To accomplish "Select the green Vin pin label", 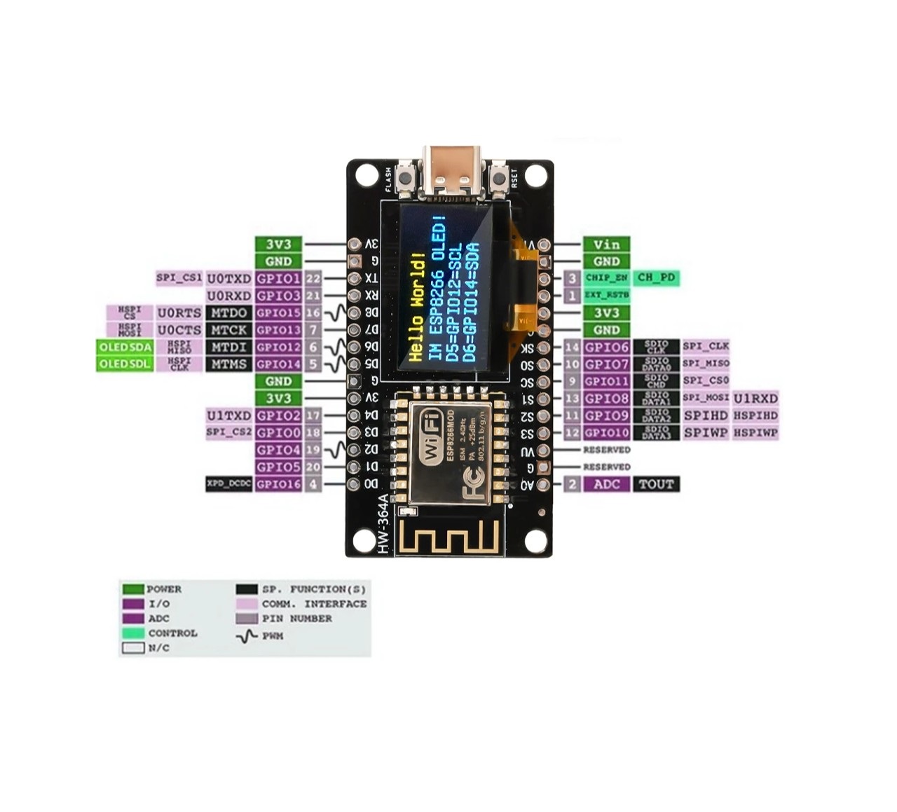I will click(x=606, y=245).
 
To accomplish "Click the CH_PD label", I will click(x=656, y=277).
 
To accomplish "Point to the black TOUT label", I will click(x=656, y=484).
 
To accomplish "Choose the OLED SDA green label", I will click(x=125, y=347).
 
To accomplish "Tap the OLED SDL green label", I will click(x=125, y=364).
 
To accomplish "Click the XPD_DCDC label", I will click(x=228, y=484).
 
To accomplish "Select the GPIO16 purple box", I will click(x=278, y=484).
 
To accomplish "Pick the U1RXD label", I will click(x=755, y=398).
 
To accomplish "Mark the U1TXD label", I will click(x=228, y=415).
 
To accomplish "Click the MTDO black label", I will click(x=228, y=312).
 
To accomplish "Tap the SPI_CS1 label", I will click(x=179, y=278).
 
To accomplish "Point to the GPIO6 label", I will click(x=607, y=347).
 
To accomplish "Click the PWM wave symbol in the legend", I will click(x=248, y=637).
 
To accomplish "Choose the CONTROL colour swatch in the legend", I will click(x=133, y=633).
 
